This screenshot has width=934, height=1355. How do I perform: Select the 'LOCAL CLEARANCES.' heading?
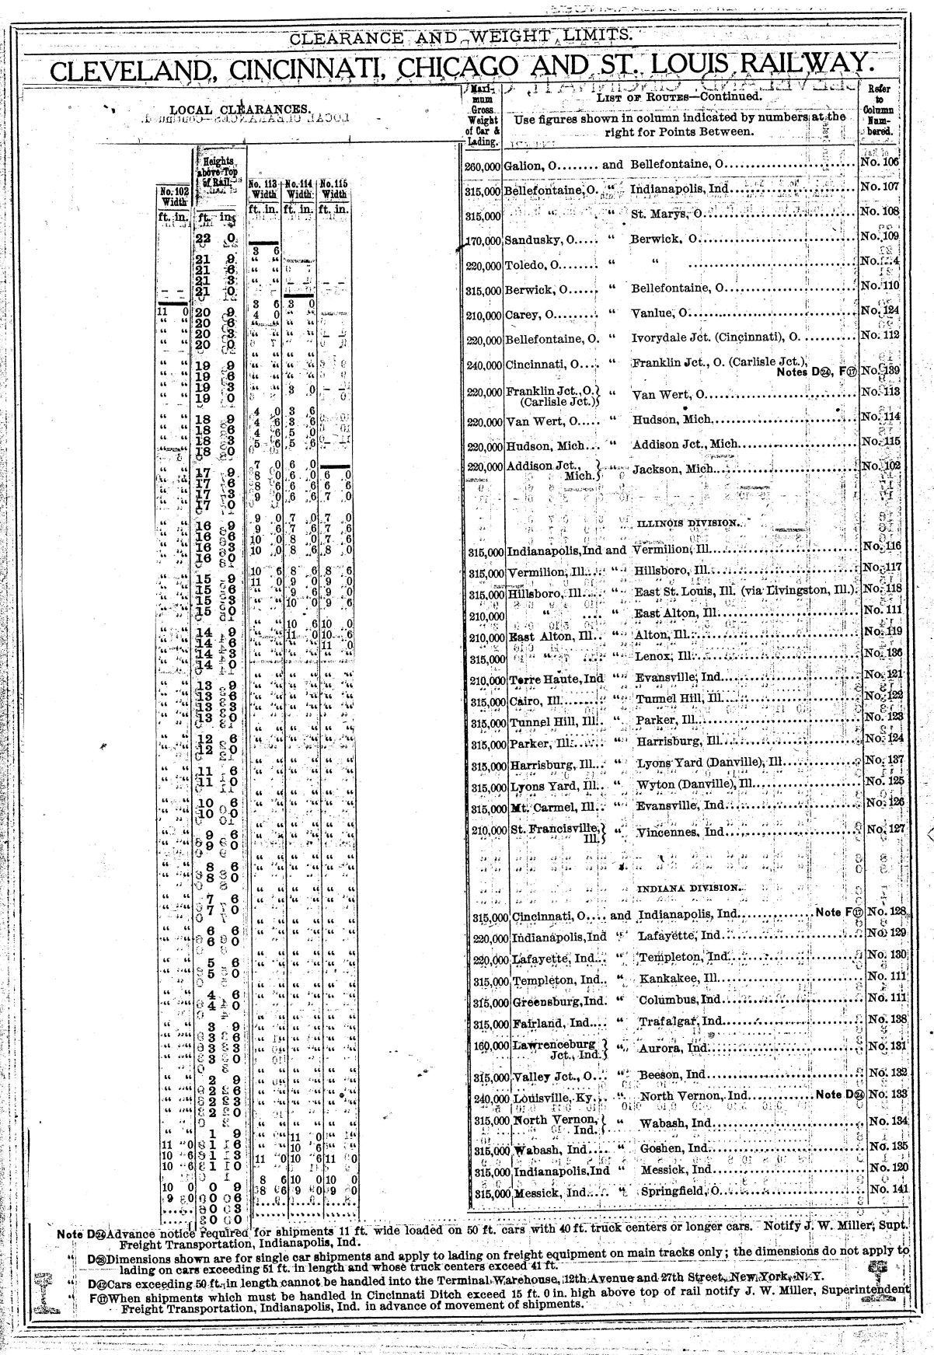pyautogui.click(x=239, y=110)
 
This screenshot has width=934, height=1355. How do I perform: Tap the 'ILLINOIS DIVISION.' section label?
pyautogui.click(x=688, y=523)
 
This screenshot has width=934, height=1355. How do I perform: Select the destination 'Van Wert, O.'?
pyautogui.click(x=667, y=394)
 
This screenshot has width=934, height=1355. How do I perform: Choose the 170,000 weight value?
pyautogui.click(x=484, y=241)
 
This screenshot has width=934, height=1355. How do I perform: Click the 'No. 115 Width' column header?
pyautogui.click(x=335, y=189)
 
